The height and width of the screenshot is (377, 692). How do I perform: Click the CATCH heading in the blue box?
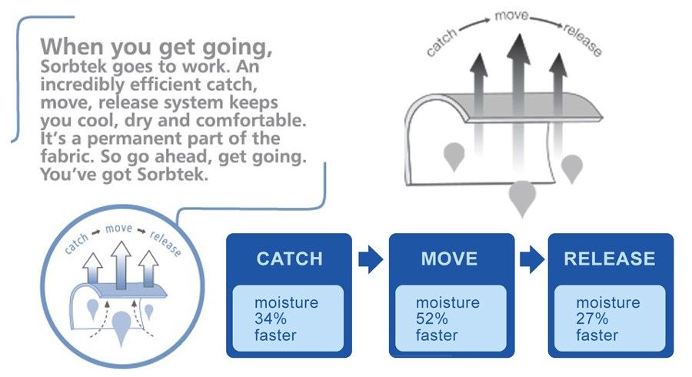[x=290, y=259]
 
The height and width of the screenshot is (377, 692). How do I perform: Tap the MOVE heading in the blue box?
[x=449, y=259]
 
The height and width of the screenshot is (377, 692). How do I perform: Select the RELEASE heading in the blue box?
[x=610, y=259]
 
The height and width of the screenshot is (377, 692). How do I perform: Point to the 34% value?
[x=271, y=319]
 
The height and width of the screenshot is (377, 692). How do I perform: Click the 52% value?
[x=431, y=319]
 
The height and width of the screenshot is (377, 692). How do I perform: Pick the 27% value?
[x=592, y=319]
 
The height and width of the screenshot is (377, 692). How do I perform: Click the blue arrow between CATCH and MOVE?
[x=371, y=259]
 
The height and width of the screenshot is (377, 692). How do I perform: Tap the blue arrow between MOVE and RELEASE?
[x=532, y=259]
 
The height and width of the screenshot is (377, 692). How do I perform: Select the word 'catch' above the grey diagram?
[x=441, y=43]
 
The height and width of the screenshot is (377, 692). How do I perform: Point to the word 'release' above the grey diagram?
[x=583, y=41]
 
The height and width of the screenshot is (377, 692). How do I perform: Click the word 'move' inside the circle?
[x=118, y=229]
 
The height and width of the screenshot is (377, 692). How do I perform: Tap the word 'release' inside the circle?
[x=165, y=244]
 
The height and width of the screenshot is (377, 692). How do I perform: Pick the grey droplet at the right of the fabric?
[x=572, y=168]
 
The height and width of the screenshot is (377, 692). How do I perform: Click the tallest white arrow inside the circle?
[x=121, y=265]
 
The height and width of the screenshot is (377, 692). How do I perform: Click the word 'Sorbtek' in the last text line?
[x=172, y=175]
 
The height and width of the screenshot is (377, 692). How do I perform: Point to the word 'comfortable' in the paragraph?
[x=251, y=121]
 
